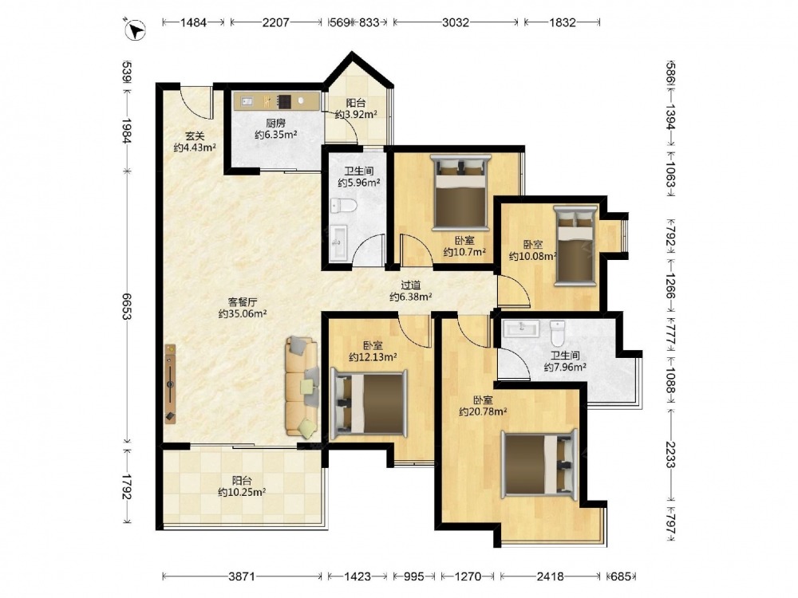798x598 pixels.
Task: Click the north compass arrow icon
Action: point(135,29)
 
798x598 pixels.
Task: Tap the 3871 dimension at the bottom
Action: point(241,576)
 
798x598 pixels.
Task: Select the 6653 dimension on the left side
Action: point(127,305)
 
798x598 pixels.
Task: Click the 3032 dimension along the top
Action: point(455,22)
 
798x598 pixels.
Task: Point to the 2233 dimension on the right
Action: point(670,454)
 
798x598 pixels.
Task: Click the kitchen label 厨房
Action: point(275,123)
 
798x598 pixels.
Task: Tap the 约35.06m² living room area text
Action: point(243,313)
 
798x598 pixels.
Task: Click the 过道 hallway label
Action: point(411,285)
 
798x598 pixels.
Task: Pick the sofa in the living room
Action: point(302,387)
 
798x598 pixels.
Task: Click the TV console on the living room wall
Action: point(171,384)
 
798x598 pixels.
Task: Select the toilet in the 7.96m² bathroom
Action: point(557,332)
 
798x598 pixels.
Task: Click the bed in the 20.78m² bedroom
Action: point(539,464)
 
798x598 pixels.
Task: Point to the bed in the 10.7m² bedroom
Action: point(460,193)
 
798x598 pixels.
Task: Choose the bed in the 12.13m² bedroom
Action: point(369,404)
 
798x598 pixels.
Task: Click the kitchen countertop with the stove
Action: point(277,100)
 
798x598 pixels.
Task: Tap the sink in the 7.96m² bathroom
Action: point(521,329)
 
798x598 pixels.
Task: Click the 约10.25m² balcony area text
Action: point(242,492)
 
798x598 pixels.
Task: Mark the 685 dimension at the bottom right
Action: point(620,576)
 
